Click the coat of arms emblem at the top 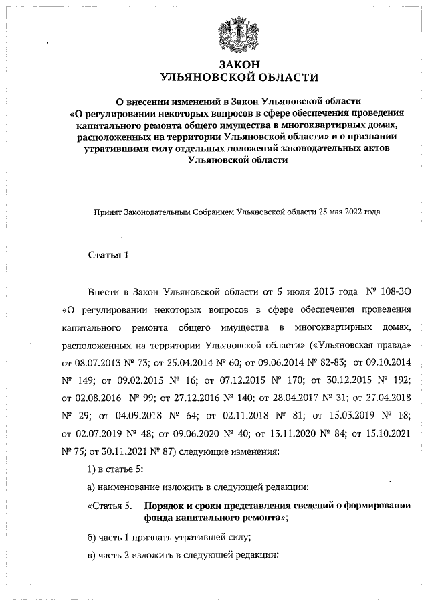(x=237, y=33)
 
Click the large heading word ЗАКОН (x=237, y=64)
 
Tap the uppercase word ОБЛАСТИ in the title (x=281, y=78)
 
